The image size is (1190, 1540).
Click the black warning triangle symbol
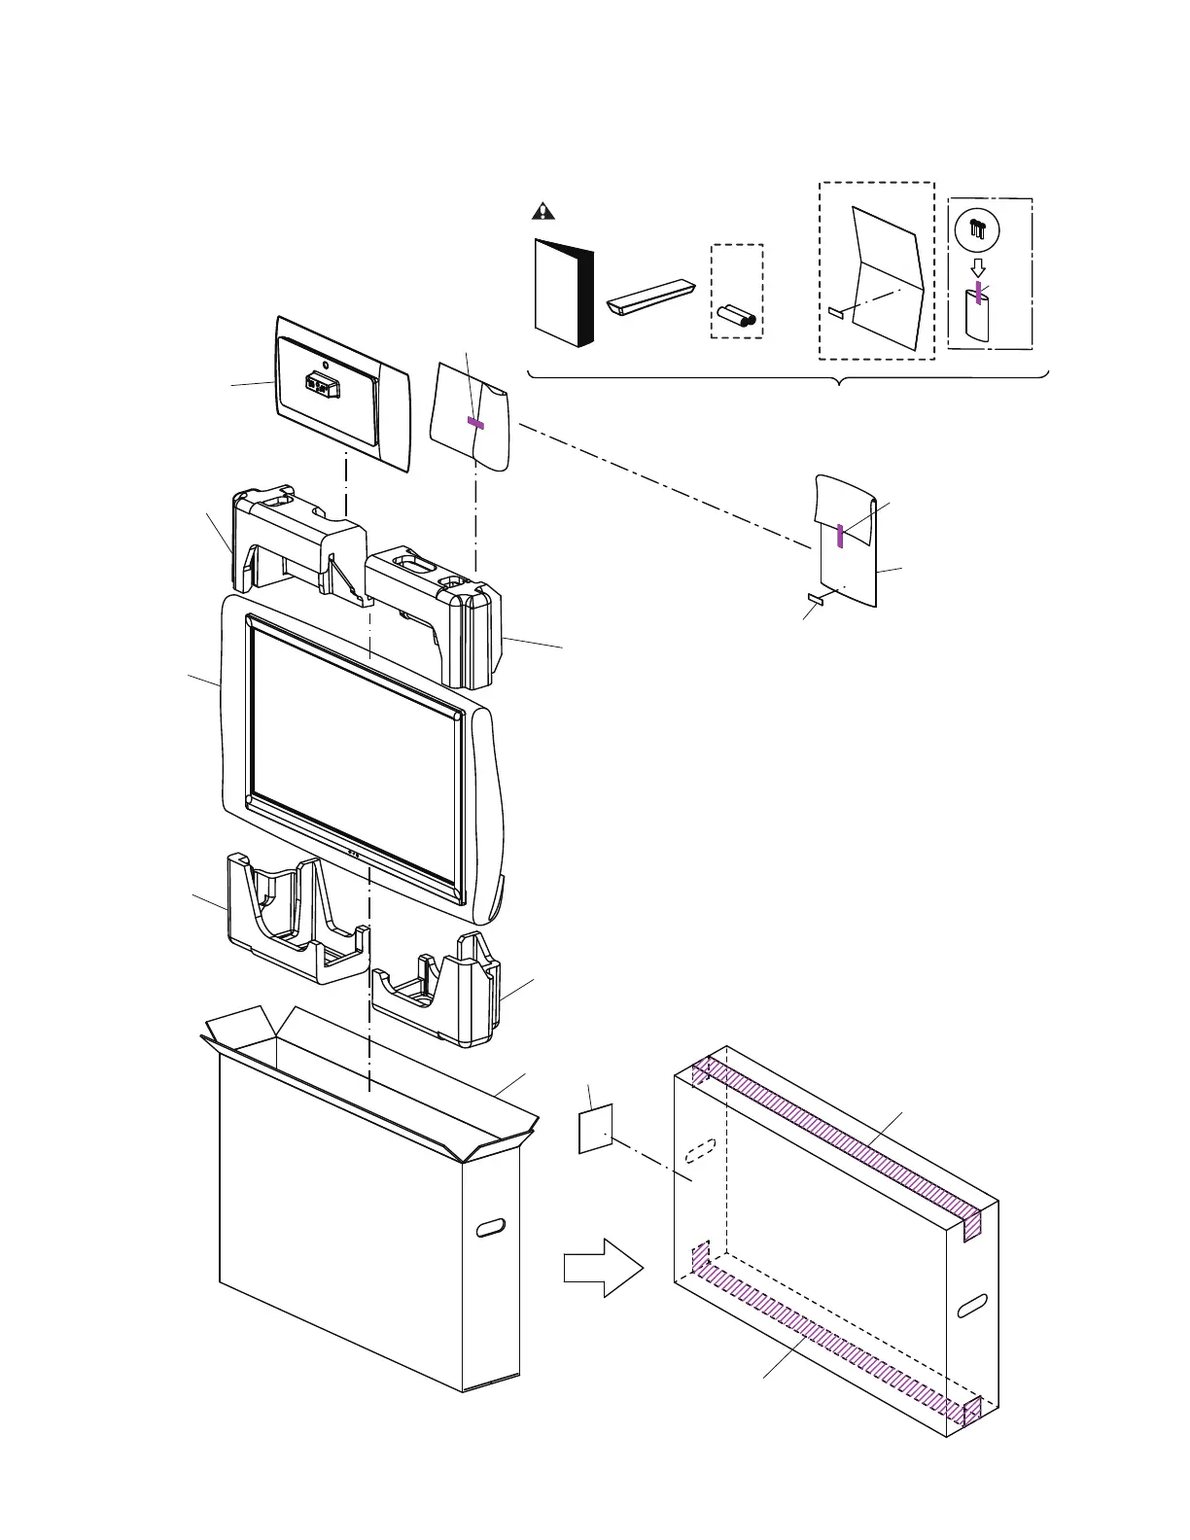[542, 211]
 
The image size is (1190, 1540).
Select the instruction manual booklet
[562, 292]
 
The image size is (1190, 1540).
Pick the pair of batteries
[737, 315]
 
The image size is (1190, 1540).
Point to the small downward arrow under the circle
[978, 266]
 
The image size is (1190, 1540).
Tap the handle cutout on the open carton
[491, 1227]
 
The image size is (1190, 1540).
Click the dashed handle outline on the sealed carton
[700, 1151]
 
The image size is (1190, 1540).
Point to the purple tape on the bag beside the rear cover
[475, 423]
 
